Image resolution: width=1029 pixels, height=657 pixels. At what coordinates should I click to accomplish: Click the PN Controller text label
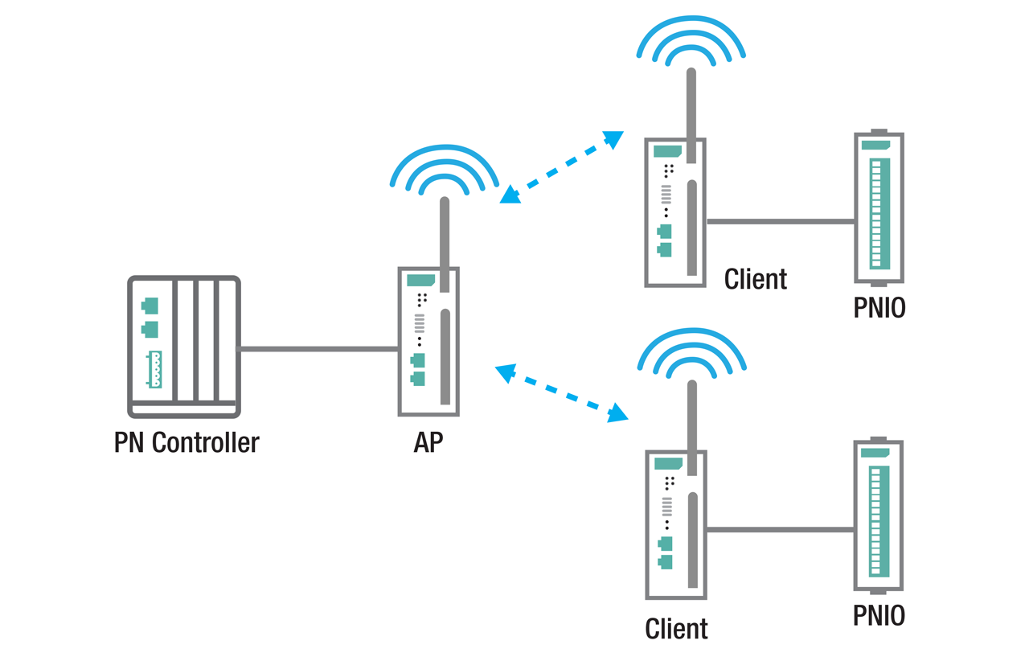click(x=187, y=442)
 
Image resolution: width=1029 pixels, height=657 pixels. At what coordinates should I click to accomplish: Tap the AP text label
click(x=428, y=442)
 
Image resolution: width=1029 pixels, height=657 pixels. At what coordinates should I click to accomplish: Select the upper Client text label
click(x=755, y=279)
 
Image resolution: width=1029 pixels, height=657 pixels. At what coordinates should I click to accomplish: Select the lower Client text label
click(x=676, y=628)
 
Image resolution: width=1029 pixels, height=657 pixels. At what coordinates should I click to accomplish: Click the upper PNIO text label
click(x=879, y=308)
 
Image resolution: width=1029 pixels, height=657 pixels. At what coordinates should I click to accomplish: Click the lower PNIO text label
click(x=879, y=615)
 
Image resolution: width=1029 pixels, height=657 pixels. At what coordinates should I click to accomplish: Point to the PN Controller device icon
click(x=184, y=347)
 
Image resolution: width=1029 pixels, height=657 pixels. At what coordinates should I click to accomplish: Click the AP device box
click(x=428, y=342)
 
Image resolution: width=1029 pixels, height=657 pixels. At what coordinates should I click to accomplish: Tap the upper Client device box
click(x=675, y=213)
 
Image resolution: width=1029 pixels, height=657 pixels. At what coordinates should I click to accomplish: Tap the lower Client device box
click(x=676, y=524)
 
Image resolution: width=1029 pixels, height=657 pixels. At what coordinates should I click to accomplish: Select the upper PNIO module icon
click(x=879, y=207)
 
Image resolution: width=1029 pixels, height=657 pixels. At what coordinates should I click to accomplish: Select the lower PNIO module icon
click(x=879, y=516)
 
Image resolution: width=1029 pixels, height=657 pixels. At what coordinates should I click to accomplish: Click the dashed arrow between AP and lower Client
click(x=561, y=393)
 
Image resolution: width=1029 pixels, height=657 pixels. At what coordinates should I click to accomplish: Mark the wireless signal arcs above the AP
click(x=444, y=169)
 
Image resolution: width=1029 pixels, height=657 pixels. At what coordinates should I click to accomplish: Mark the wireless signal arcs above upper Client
click(x=691, y=40)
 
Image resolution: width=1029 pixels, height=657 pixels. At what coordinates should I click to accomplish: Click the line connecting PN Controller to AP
click(x=319, y=349)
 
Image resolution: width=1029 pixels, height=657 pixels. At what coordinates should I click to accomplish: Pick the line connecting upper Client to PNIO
click(x=780, y=221)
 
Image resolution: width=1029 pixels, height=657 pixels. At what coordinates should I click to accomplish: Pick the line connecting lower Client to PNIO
click(x=780, y=530)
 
